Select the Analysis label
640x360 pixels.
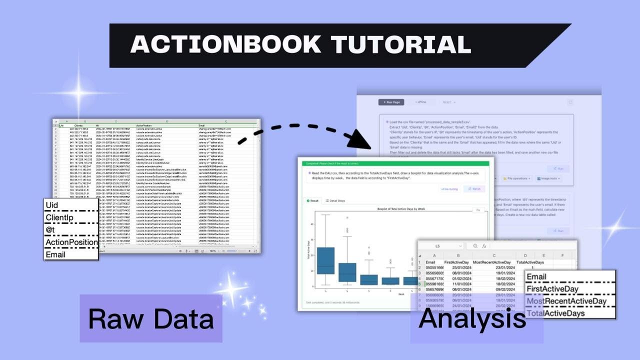pyautogui.click(x=472, y=318)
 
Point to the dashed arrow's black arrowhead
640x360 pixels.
pyautogui.click(x=361, y=139)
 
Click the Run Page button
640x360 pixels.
pyautogui.click(x=391, y=102)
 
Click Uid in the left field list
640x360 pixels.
pyautogui.click(x=52, y=205)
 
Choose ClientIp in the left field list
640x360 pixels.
pyautogui.click(x=59, y=217)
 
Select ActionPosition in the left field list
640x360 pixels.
pyautogui.click(x=71, y=242)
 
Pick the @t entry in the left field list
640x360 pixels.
pyautogui.click(x=50, y=230)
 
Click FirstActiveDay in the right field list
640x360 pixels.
pyautogui.click(x=552, y=289)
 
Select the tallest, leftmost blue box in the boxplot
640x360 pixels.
pyautogui.click(x=325, y=260)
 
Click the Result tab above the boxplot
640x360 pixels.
pyautogui.click(x=312, y=200)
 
